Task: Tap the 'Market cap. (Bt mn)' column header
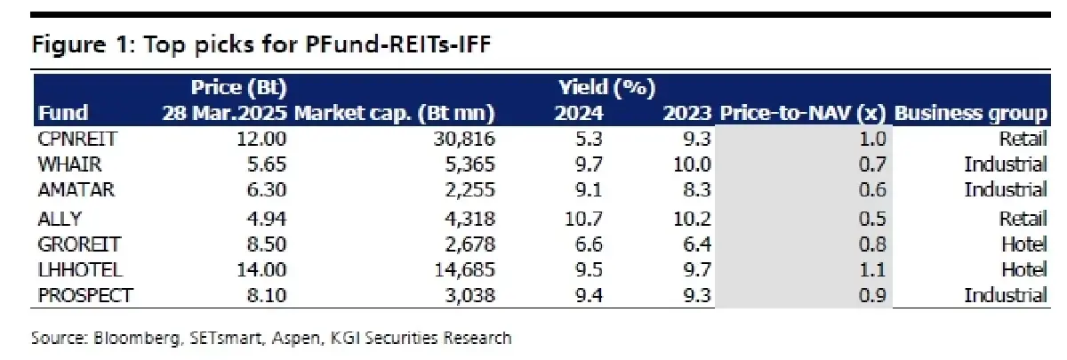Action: coord(394,114)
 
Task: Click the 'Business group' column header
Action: coord(971,114)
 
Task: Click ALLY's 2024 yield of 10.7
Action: coord(583,218)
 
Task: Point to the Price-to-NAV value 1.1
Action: coord(875,270)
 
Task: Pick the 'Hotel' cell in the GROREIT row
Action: coord(1023,244)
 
